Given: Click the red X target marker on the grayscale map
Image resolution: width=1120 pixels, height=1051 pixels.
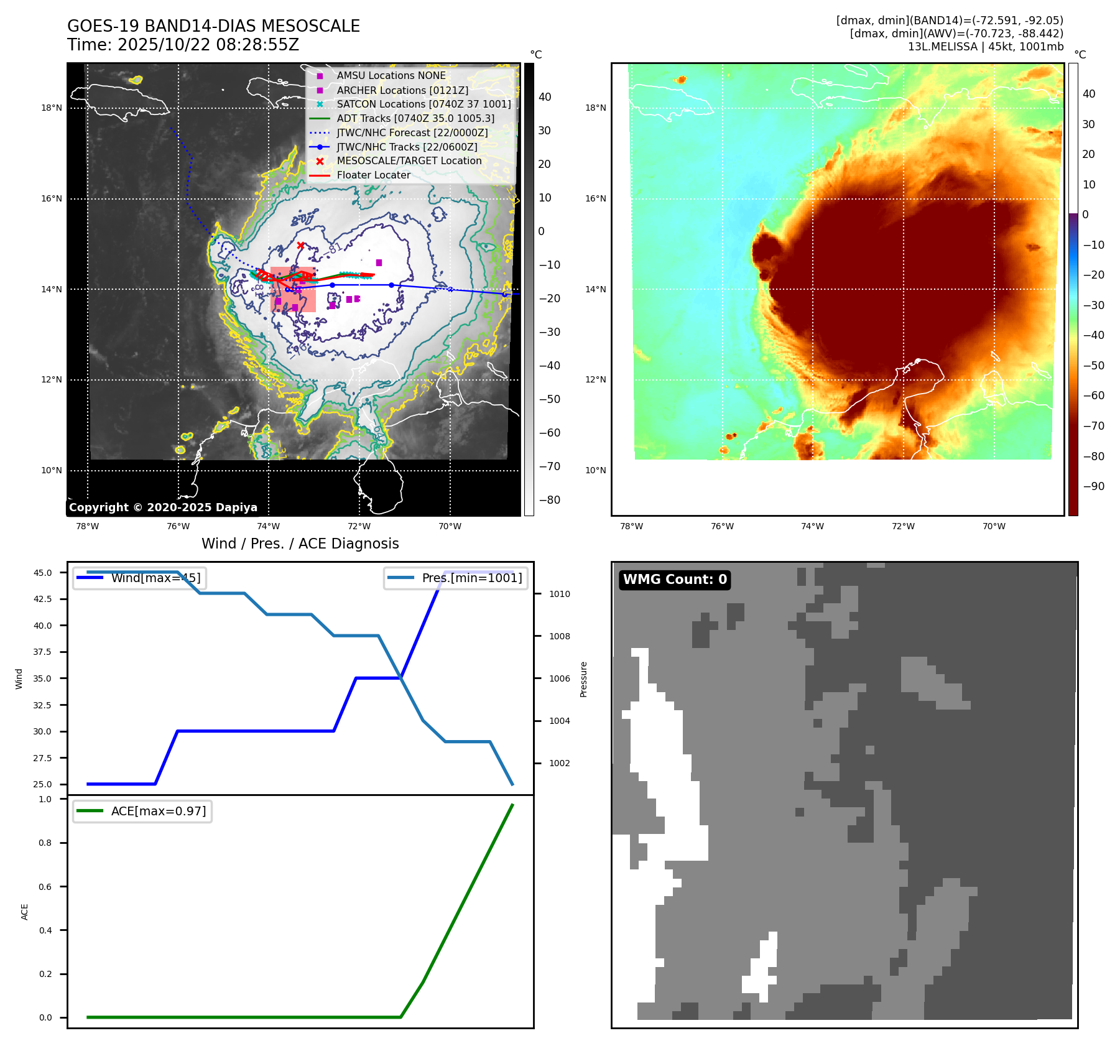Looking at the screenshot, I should [x=301, y=246].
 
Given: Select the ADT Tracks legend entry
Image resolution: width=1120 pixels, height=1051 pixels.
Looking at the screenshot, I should [x=415, y=118].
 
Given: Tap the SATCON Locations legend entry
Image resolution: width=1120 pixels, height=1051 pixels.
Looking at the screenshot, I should [x=423, y=104].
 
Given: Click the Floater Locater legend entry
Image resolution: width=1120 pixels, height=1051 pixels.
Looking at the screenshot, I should [x=373, y=175].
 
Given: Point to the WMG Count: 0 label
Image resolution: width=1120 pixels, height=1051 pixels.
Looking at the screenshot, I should [x=675, y=580].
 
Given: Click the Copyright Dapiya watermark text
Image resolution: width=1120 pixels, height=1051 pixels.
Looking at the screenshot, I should [x=163, y=507].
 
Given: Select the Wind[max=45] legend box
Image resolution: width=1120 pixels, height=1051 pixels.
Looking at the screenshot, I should [x=140, y=578].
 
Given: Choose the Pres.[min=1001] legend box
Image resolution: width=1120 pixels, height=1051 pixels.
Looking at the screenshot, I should [x=456, y=578].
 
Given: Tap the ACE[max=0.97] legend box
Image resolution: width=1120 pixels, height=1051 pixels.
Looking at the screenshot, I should [x=142, y=811].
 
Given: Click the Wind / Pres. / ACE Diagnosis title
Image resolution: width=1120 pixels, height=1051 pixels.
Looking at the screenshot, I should [x=300, y=544].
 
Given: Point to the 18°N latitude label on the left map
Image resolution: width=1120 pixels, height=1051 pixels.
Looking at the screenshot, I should [x=52, y=108].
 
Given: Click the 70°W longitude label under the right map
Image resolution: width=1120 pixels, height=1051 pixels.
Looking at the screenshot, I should [x=994, y=526].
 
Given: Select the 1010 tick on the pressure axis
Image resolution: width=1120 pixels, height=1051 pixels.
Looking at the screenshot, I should [x=559, y=594].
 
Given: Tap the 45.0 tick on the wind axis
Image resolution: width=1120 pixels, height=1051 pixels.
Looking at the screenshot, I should [x=43, y=573].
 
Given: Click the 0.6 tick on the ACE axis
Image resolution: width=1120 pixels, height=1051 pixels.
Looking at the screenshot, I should [x=45, y=887].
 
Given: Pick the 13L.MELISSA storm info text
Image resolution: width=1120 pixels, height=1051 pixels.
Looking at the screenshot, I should [x=985, y=47].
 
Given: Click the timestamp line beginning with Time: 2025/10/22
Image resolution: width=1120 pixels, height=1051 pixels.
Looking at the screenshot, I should [x=183, y=45].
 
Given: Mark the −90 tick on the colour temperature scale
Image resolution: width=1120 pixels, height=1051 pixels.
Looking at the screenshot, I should [x=1094, y=486].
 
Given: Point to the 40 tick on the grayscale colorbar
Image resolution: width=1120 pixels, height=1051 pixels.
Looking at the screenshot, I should [x=545, y=97].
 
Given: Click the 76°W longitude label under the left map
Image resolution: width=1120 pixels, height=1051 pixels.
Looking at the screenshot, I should [x=178, y=526].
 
